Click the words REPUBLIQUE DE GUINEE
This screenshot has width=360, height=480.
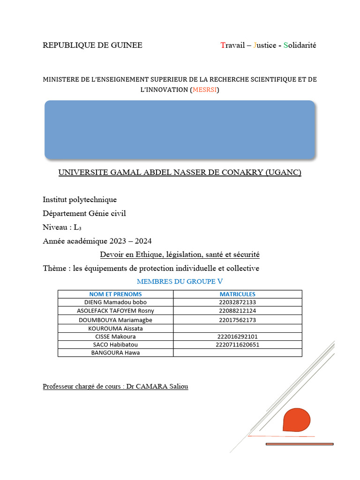(x=92, y=45)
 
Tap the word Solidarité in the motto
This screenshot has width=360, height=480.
(x=300, y=45)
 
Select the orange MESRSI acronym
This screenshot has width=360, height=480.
(x=204, y=90)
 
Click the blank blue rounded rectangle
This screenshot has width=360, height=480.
(x=180, y=129)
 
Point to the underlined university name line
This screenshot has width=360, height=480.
(x=180, y=173)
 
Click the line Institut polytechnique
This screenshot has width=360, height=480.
(x=80, y=200)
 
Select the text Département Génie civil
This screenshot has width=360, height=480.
(x=84, y=213)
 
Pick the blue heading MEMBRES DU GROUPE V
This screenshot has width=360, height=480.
(x=180, y=282)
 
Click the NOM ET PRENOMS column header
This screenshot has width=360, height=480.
(x=115, y=294)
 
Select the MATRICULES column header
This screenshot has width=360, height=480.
(x=238, y=294)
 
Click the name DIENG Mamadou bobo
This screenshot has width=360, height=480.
(x=115, y=302)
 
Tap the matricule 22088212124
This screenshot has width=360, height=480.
(x=238, y=311)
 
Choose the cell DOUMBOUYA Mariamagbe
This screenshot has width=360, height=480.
(x=115, y=320)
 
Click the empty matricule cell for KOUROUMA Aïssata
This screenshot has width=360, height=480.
(x=238, y=329)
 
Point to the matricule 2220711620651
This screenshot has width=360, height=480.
(x=238, y=345)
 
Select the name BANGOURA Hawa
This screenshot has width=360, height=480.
(x=115, y=353)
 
